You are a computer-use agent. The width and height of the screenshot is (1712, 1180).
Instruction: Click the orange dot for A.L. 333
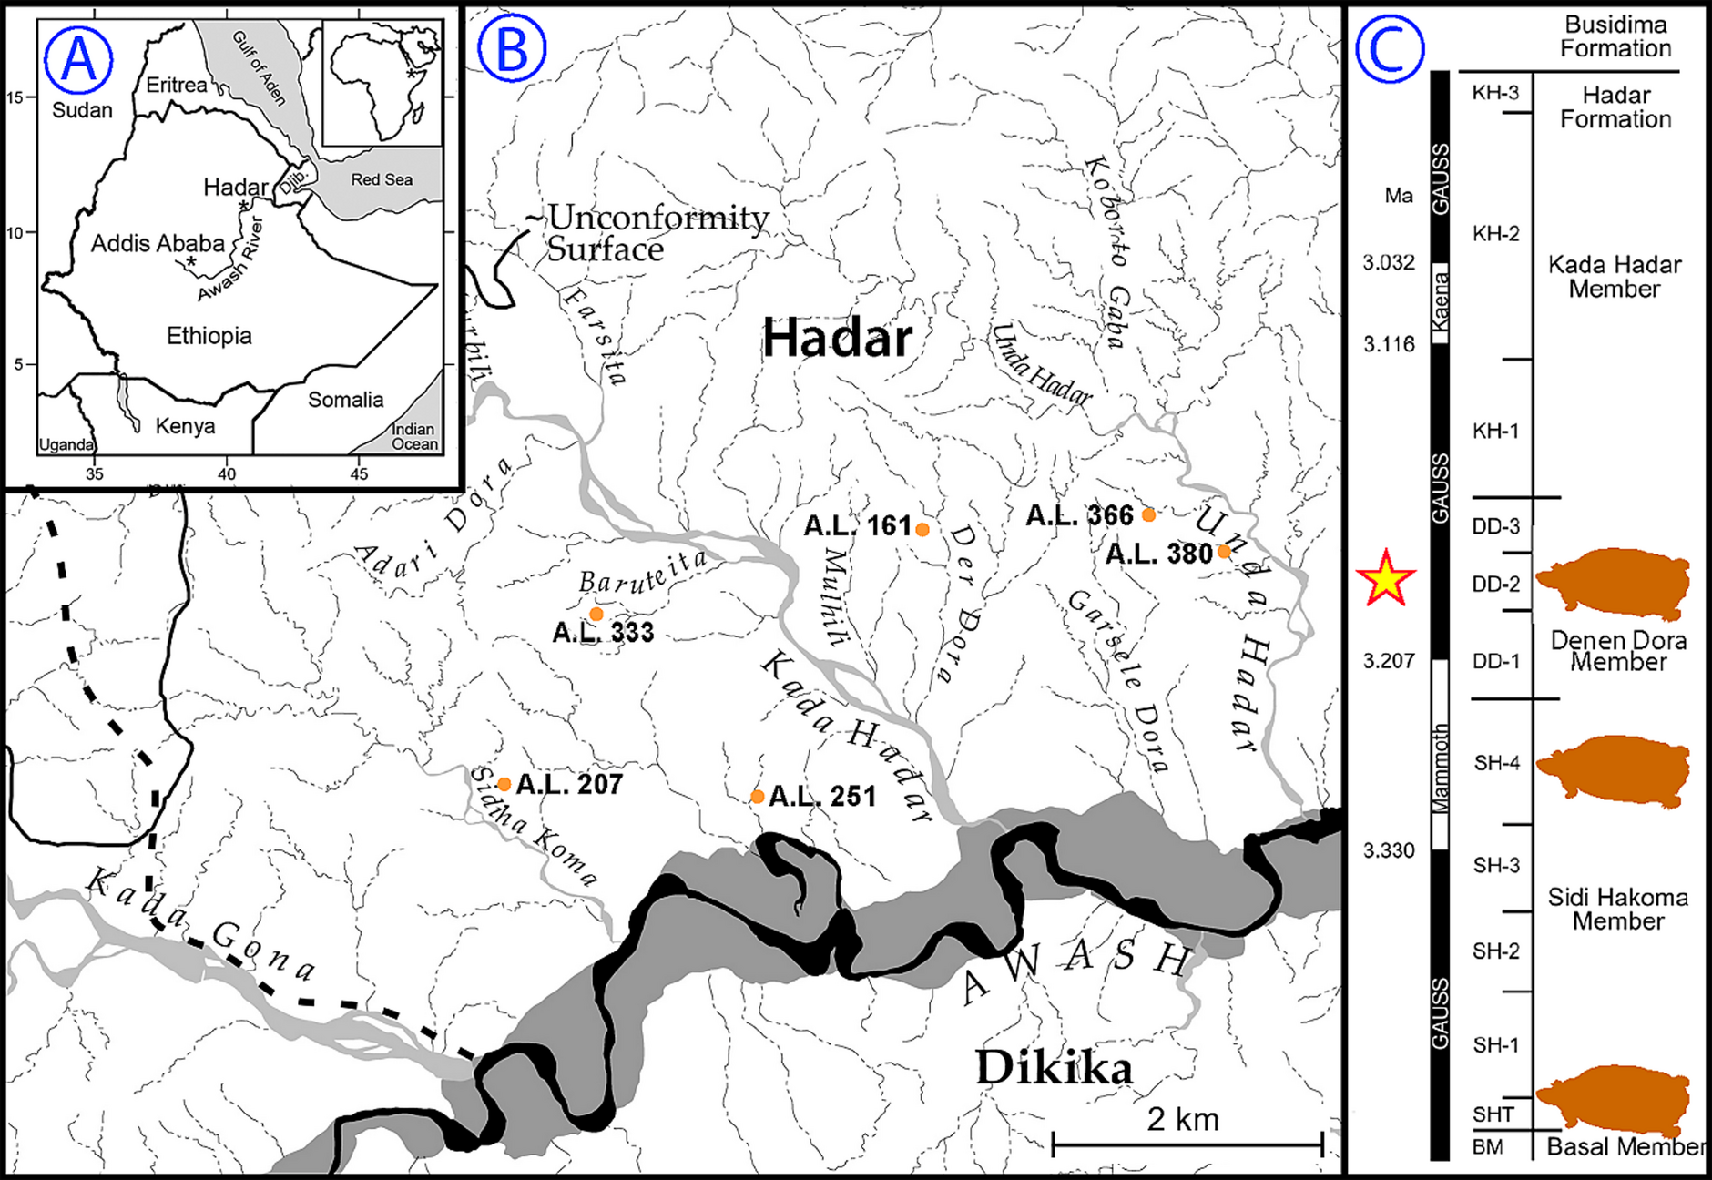[596, 614]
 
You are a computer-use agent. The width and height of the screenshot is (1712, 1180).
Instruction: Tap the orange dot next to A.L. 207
[504, 784]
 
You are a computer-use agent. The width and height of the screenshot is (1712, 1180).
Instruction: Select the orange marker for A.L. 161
[922, 529]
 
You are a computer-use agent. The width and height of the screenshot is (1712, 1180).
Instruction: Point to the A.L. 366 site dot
[1148, 514]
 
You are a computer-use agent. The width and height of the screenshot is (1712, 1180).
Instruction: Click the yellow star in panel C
[1385, 578]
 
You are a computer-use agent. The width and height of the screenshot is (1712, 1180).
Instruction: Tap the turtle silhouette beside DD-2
[1614, 583]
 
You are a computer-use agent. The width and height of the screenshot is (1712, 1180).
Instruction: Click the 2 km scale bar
[1187, 1144]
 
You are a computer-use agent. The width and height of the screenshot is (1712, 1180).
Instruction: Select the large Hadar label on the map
[837, 338]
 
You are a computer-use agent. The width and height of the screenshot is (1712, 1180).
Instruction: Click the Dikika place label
[1054, 1067]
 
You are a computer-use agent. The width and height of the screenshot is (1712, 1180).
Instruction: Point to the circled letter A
[77, 59]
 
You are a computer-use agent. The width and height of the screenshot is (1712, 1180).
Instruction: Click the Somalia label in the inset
[345, 400]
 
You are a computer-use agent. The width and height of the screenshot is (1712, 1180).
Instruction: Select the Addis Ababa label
[158, 243]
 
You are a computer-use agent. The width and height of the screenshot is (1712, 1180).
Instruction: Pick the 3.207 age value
[1389, 661]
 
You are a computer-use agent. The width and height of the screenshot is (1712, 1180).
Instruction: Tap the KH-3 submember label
[1495, 93]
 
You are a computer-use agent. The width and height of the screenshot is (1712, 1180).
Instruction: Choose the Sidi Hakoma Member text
[1617, 909]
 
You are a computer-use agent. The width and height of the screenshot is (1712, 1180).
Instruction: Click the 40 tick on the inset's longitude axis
[227, 473]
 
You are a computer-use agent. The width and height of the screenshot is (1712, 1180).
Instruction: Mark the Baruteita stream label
[643, 572]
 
